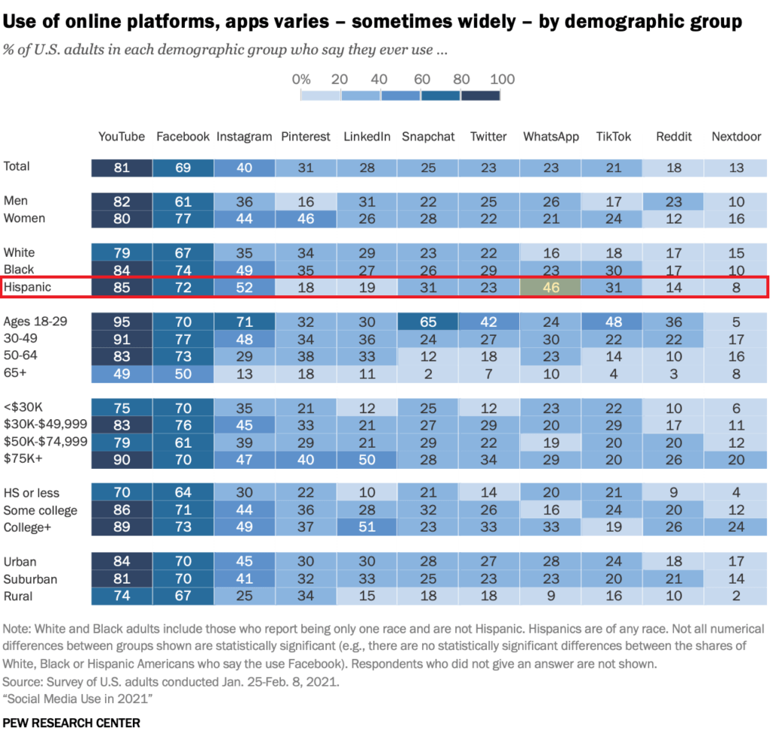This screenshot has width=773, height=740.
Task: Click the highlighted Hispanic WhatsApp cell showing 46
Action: click(x=550, y=287)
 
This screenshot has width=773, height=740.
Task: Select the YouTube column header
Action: click(x=122, y=137)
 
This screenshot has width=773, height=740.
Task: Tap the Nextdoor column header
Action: click(x=736, y=137)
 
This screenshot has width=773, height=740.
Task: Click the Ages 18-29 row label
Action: click(x=35, y=321)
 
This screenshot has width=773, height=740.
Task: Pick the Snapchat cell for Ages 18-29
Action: click(x=428, y=321)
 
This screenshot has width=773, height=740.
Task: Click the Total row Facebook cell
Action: click(x=183, y=168)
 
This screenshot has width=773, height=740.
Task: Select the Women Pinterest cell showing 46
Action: click(x=306, y=219)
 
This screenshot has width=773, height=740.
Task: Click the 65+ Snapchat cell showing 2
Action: click(x=428, y=373)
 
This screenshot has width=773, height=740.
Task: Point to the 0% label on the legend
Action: click(x=300, y=79)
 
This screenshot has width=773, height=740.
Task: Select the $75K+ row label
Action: click(x=23, y=459)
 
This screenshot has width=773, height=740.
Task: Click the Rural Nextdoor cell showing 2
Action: click(x=736, y=597)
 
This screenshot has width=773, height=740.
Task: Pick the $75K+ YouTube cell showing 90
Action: click(x=122, y=459)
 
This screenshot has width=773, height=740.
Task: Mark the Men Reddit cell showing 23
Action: click(x=673, y=202)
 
